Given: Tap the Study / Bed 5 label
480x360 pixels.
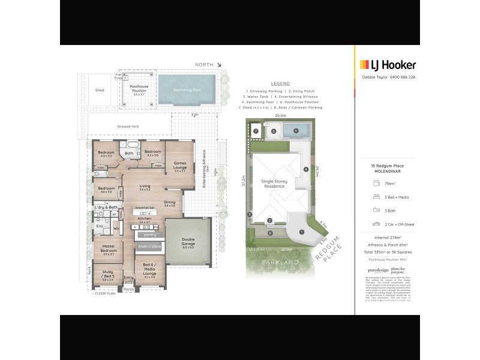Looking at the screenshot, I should tap(108, 278).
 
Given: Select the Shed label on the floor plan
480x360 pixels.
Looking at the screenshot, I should tap(100, 91).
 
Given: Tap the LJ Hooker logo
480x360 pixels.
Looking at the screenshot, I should tap(387, 65).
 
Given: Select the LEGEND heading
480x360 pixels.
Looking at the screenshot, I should tap(281, 83).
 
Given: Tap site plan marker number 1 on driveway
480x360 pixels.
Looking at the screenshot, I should tap(302, 232).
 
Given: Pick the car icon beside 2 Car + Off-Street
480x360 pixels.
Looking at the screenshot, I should tap(376, 224).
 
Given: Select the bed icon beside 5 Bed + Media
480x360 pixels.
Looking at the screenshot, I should tap(376, 196).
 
